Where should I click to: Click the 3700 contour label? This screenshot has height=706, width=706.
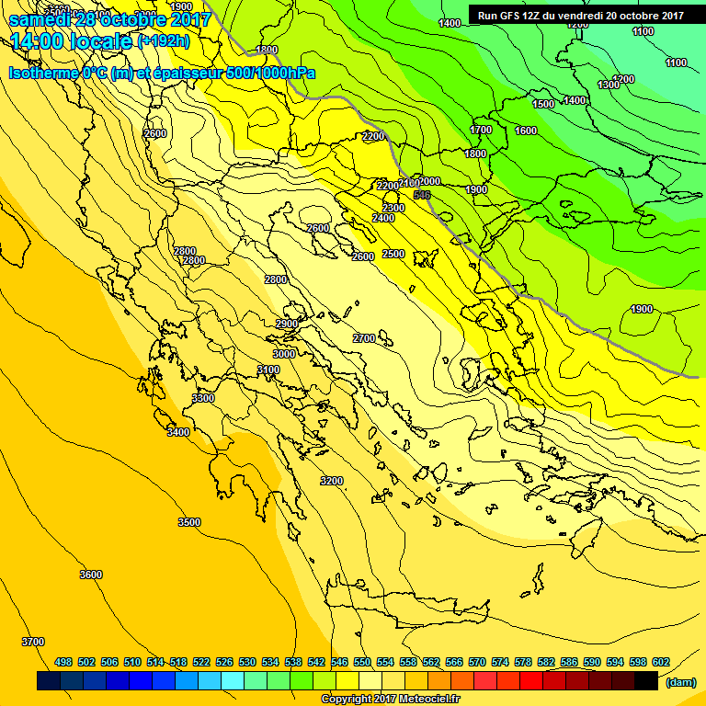click(x=32, y=642)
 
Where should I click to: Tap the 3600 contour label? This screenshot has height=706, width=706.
click(x=90, y=575)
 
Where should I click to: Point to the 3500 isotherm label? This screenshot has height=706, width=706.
click(x=188, y=522)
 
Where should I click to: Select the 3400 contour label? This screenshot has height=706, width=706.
click(x=178, y=432)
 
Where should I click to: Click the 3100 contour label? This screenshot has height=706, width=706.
click(x=268, y=370)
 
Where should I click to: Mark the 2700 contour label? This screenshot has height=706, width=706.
click(x=364, y=339)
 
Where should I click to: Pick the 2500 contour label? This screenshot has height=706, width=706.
click(x=393, y=255)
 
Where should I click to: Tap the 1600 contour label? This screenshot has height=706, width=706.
click(x=526, y=131)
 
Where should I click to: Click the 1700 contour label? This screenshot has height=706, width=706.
click(x=481, y=131)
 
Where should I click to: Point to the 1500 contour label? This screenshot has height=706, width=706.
click(x=543, y=105)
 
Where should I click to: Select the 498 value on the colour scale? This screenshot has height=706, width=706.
click(x=63, y=662)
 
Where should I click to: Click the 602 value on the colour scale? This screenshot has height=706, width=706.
click(x=660, y=662)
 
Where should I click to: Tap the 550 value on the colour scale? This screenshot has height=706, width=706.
click(x=361, y=662)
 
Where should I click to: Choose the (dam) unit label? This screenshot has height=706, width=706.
click(x=680, y=683)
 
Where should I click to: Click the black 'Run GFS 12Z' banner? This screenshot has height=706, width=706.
click(x=581, y=16)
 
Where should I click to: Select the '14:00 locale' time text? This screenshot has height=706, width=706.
click(x=72, y=41)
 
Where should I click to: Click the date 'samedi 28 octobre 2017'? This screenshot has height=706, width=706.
click(x=109, y=18)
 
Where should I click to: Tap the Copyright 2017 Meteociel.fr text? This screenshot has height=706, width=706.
click(x=391, y=700)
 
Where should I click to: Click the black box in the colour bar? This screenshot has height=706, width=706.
click(x=646, y=681)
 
